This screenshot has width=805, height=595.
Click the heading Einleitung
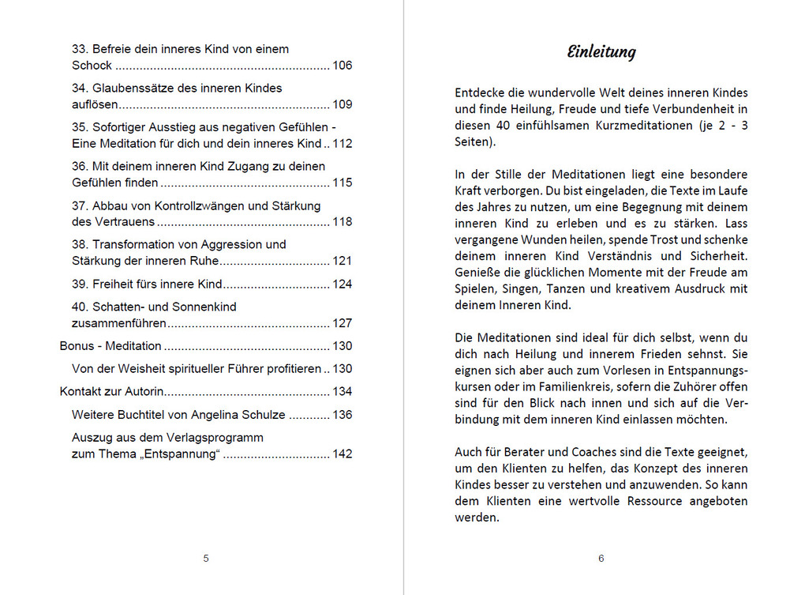601,53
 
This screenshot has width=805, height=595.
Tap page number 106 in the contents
342,66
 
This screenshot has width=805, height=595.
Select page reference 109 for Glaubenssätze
342,104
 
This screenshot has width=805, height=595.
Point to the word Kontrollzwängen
185,205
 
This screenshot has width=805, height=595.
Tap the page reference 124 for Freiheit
342,284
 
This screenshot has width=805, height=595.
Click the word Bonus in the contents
76,346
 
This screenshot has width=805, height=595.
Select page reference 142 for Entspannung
342,454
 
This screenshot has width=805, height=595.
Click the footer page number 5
206,559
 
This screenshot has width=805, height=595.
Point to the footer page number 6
601,559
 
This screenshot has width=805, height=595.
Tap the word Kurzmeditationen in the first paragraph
636,126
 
